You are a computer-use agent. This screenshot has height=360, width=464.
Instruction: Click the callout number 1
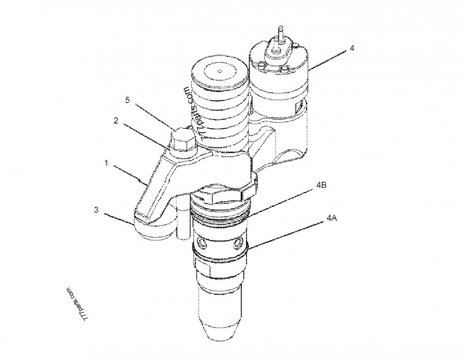click(x=106, y=163)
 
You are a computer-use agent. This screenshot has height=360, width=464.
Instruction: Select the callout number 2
click(x=116, y=121)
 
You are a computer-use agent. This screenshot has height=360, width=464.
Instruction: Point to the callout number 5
click(x=128, y=100)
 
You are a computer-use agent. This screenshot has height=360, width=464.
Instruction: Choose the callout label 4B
click(x=322, y=186)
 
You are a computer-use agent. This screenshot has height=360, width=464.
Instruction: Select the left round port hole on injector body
click(x=201, y=239)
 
